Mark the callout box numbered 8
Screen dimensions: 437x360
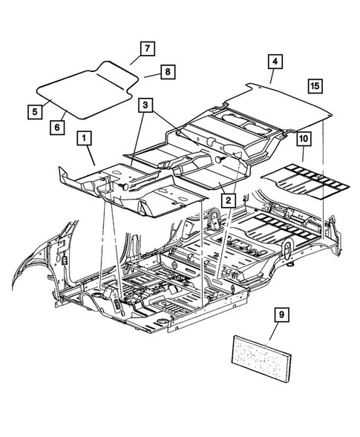168,72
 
